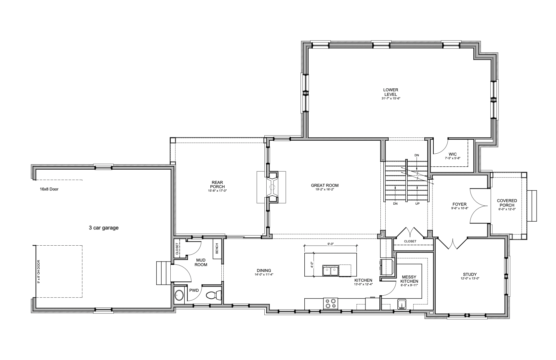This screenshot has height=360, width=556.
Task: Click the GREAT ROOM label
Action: [325, 185]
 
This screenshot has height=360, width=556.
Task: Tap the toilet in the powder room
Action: [214, 295]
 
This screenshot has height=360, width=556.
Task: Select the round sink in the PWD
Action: [179, 295]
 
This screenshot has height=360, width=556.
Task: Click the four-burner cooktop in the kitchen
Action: [330, 303]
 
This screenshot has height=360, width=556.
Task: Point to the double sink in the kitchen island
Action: [331, 270]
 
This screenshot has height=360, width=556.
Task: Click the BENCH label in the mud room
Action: [217, 248]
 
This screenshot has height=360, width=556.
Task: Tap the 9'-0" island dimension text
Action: [330, 244]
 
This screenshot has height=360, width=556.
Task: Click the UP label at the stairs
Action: [417, 204]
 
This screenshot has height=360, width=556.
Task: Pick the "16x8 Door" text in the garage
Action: [49, 189]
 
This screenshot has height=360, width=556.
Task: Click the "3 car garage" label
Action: [104, 228]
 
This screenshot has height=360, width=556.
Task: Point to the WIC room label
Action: [453, 154]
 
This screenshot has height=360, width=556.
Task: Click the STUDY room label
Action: [470, 275]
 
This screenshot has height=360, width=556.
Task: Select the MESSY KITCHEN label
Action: [409, 279]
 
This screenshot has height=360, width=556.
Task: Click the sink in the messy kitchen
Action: [401, 304]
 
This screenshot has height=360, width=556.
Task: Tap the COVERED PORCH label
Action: [507, 203]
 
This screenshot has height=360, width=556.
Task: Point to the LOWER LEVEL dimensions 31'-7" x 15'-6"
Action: [391, 98]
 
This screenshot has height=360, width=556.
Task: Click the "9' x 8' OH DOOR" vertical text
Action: [38, 272]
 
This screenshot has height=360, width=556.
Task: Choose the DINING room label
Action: [264, 271]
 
